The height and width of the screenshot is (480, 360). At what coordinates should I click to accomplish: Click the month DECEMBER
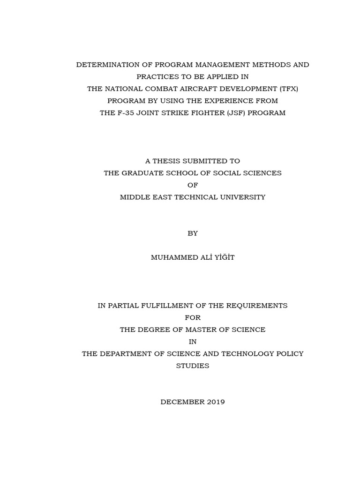(180, 402)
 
